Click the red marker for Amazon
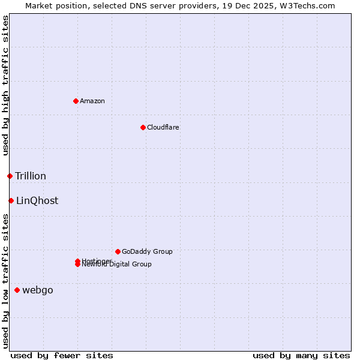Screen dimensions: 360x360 (x=76, y=101)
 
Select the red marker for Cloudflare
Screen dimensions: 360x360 (x=143, y=127)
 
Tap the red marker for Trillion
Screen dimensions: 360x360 (x=10, y=176)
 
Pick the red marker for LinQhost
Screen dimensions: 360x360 (x=11, y=200)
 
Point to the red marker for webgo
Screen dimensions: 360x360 (x=17, y=290)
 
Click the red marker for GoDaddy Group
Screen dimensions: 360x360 (x=118, y=251)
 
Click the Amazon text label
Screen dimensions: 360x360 (x=92, y=101)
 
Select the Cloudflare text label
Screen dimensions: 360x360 (x=163, y=127)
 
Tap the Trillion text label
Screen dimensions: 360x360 (x=31, y=176)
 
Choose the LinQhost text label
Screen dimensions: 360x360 (x=37, y=200)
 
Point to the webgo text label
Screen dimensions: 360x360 (x=38, y=290)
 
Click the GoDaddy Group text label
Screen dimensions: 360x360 (x=147, y=251)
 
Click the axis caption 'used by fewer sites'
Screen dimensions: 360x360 (x=62, y=355)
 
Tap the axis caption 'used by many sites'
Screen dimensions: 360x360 (x=301, y=355)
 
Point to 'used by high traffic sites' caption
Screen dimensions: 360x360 (x=5, y=85)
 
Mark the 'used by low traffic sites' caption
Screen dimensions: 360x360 (x=5, y=281)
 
